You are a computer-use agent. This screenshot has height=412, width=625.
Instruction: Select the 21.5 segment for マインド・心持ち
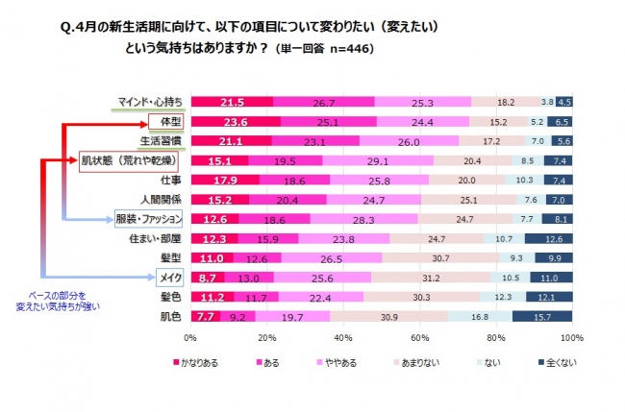(x=232, y=102)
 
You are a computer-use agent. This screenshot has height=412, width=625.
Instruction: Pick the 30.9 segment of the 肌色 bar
(x=389, y=316)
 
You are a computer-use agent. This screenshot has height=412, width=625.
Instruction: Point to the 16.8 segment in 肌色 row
(x=480, y=316)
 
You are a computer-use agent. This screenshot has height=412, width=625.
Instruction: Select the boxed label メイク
(x=167, y=278)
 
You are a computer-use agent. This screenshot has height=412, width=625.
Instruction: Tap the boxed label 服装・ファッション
(x=148, y=219)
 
